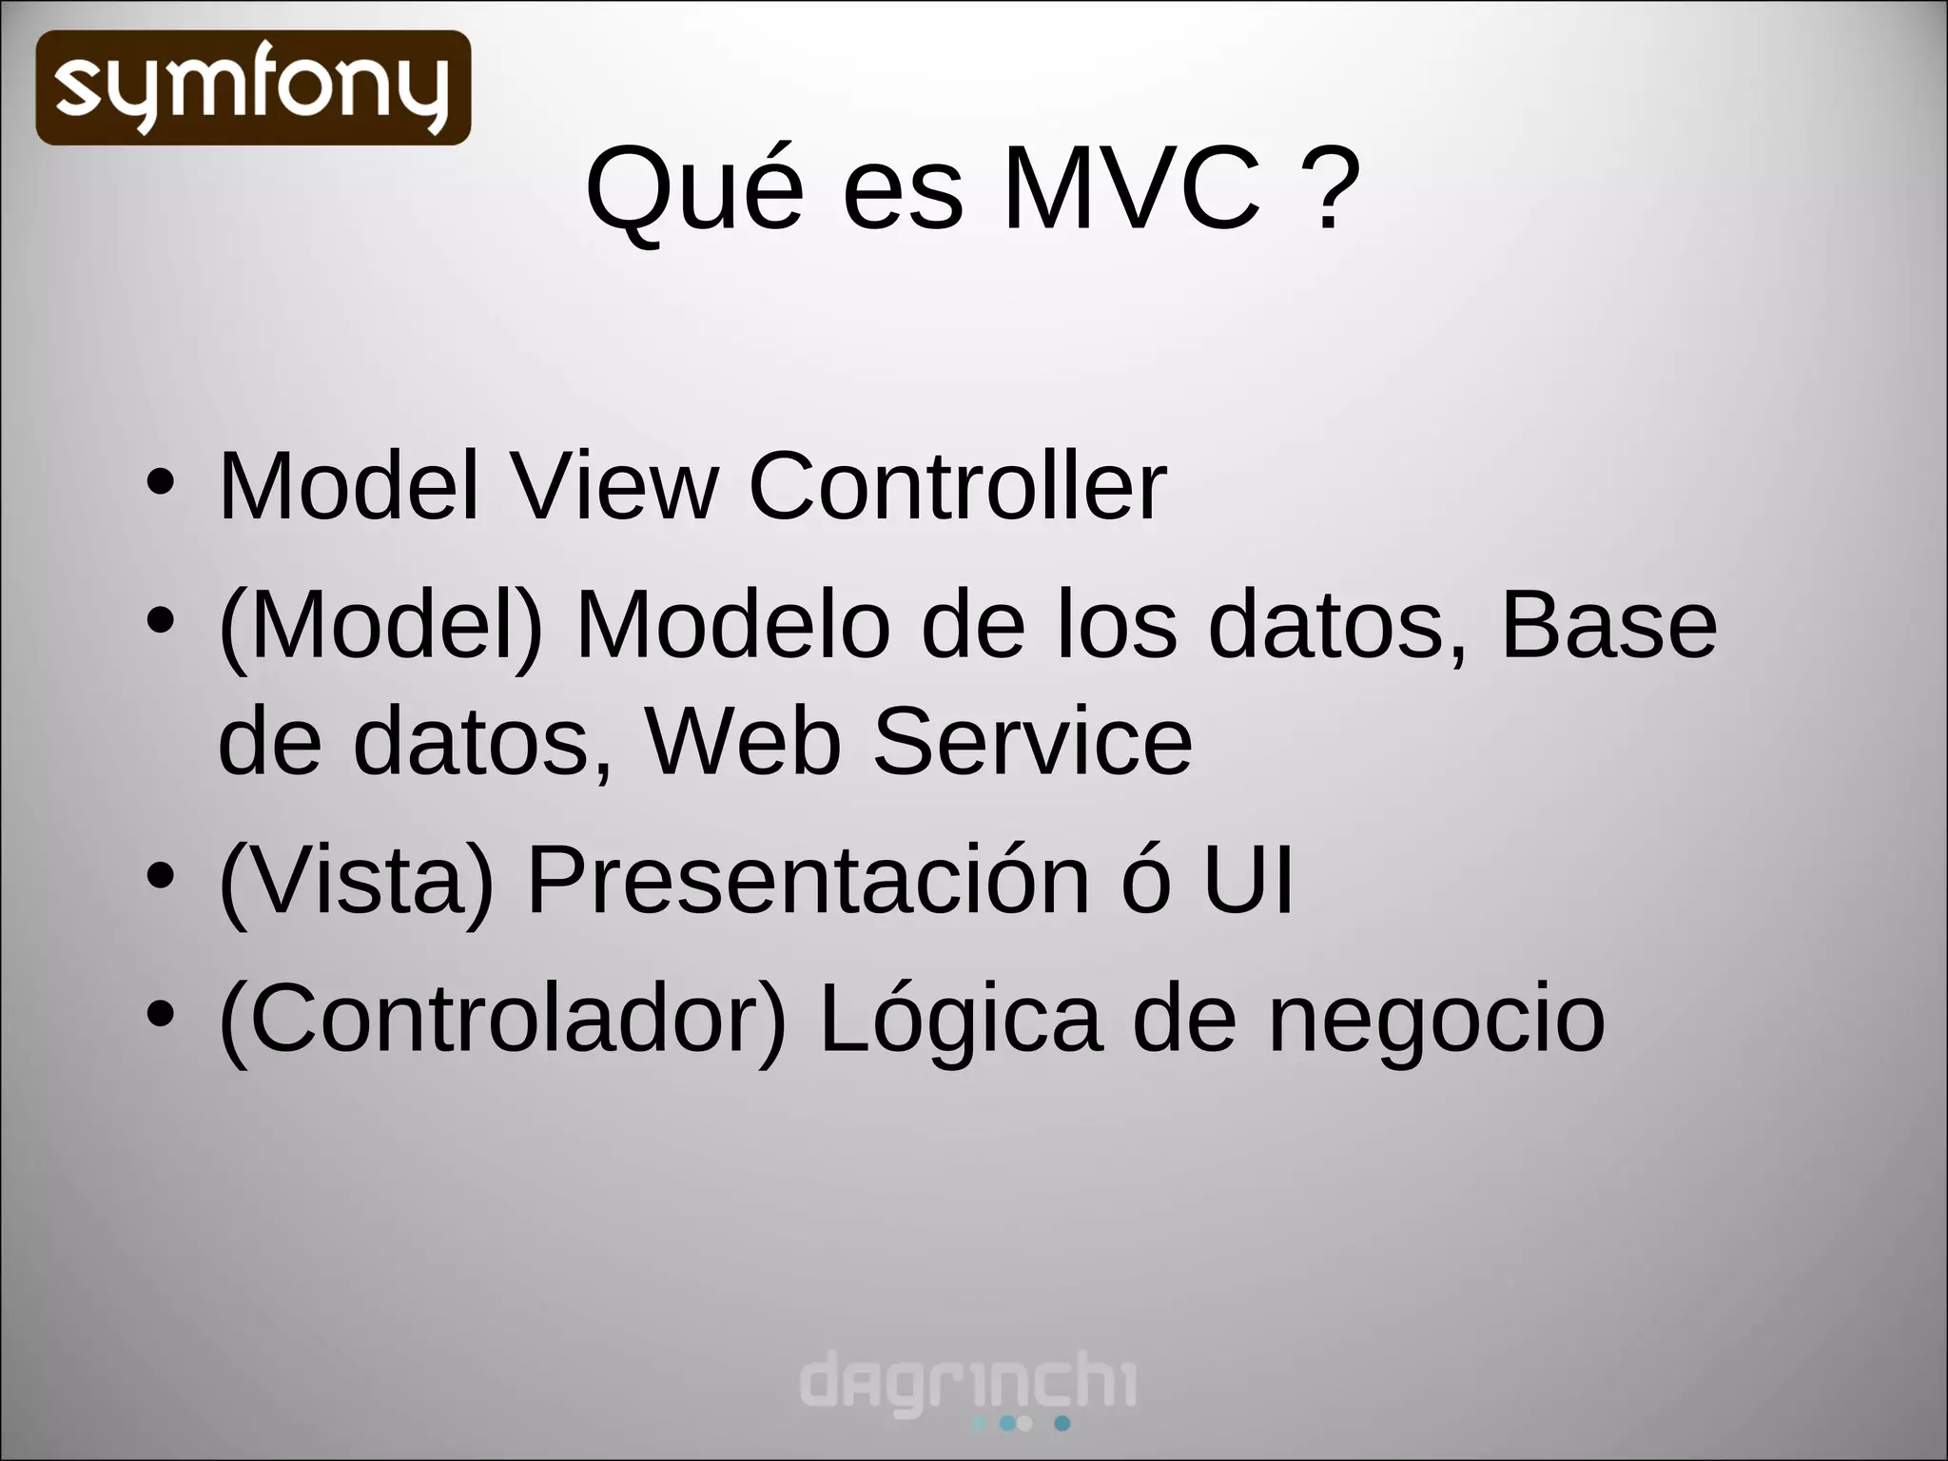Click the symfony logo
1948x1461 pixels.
[253, 88]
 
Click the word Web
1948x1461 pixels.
[743, 741]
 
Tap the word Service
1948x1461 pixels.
[1032, 741]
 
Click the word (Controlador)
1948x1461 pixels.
[503, 1020]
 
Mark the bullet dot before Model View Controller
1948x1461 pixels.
[161, 481]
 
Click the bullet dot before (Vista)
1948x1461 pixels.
[161, 875]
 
